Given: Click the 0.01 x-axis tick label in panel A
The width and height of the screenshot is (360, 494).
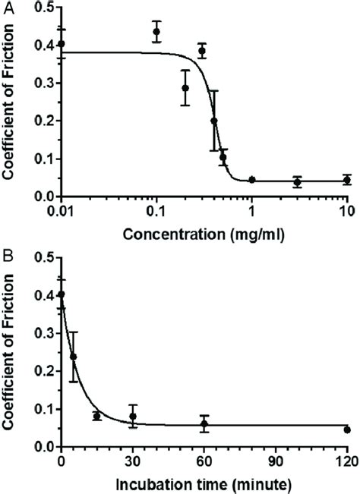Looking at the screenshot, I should (61, 210).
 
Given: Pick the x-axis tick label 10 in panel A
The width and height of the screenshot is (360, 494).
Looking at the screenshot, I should (346, 210).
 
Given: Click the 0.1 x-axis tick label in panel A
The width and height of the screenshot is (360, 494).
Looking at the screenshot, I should (156, 210).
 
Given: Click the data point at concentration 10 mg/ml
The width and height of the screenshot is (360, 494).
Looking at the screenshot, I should (347, 180).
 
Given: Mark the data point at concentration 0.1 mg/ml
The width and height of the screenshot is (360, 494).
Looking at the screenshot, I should (156, 32).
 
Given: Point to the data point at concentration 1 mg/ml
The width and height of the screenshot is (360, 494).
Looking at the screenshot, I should (252, 180).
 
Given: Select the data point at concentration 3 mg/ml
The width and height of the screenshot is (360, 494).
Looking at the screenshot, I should (298, 182).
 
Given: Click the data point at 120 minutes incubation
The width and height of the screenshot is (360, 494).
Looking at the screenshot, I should (347, 429).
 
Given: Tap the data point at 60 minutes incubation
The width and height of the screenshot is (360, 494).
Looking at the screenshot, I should (204, 424).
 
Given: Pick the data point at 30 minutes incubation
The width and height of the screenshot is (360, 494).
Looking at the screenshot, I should (133, 417).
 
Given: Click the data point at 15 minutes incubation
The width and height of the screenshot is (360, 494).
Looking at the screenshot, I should (97, 417).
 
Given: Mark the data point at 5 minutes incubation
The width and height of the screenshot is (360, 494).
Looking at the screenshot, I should (74, 357).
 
